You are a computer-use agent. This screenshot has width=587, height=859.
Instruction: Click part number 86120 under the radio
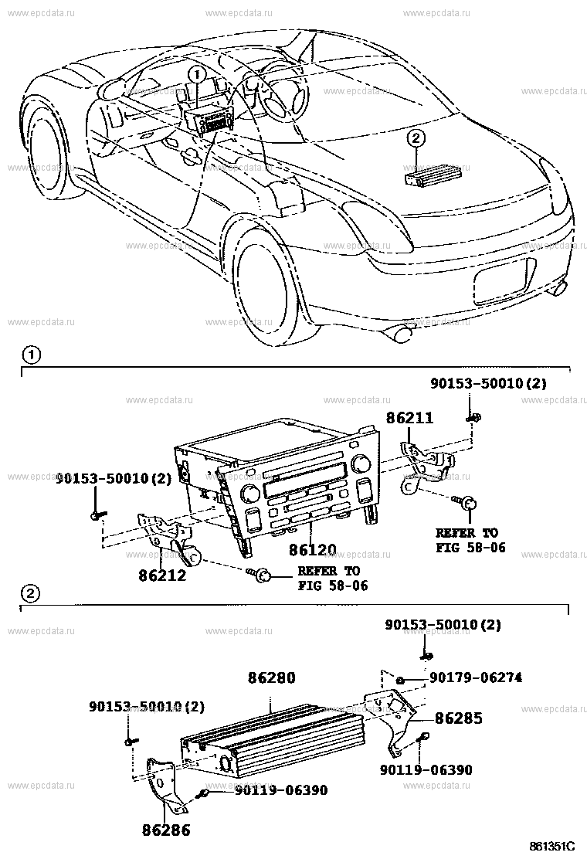(312, 551)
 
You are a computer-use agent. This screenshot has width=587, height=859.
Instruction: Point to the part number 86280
(271, 677)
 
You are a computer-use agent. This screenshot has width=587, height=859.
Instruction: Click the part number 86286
(165, 830)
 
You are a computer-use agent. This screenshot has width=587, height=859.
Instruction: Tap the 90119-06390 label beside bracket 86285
(426, 769)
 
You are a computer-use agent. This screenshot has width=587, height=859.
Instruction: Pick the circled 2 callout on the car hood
(416, 139)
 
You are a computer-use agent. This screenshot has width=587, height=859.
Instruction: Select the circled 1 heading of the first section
(29, 356)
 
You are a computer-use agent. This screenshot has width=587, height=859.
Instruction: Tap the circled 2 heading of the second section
(29, 593)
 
